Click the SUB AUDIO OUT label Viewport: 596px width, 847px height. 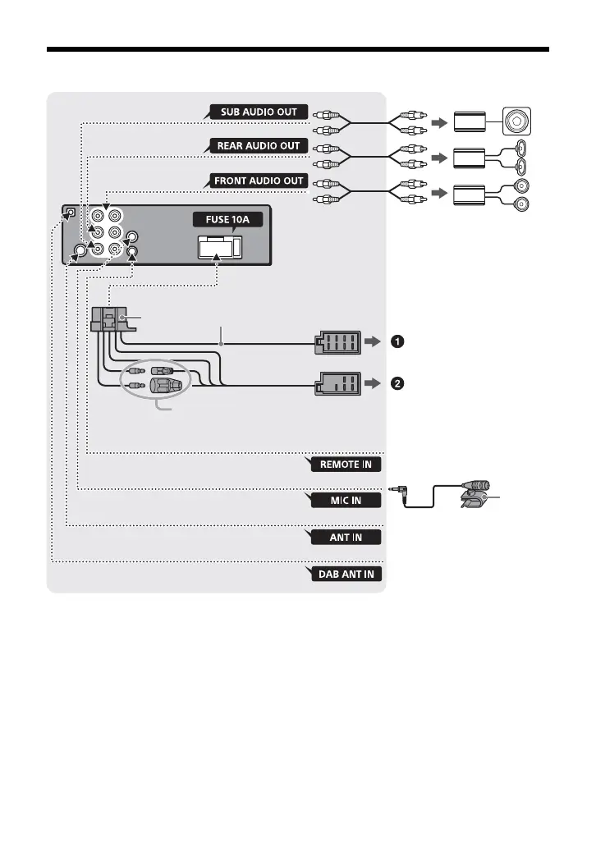(x=259, y=112)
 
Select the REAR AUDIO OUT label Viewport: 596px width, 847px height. (x=258, y=146)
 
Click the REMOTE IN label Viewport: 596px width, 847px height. (x=346, y=465)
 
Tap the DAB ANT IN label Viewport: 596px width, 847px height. (x=346, y=574)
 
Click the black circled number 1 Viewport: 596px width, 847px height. (x=397, y=342)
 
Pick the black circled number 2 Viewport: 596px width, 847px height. (x=397, y=383)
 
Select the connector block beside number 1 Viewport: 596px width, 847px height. (x=336, y=343)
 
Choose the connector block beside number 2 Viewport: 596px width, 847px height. (x=336, y=383)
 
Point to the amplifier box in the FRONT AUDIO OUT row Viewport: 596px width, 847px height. (x=471, y=194)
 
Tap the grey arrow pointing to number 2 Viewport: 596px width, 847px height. (x=374, y=383)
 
